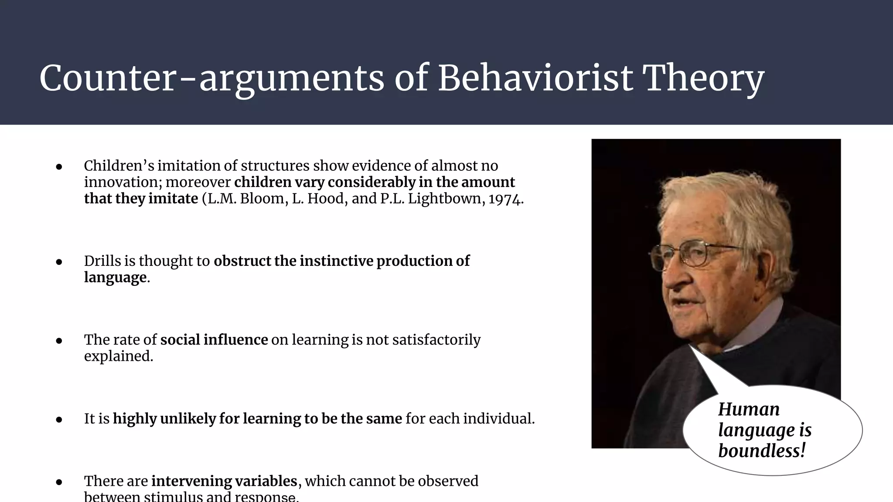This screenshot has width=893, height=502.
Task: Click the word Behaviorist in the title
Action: tap(535, 78)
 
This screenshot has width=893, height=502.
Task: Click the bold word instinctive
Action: tap(336, 261)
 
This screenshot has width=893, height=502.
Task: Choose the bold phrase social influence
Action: tap(214, 339)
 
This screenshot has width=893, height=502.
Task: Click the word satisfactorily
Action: tap(436, 339)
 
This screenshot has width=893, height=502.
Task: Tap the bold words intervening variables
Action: tap(224, 481)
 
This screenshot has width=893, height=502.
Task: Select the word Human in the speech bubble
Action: tap(749, 409)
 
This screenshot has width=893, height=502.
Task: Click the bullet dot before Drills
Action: tap(59, 262)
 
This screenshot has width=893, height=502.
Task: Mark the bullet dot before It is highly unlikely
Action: tap(59, 420)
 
